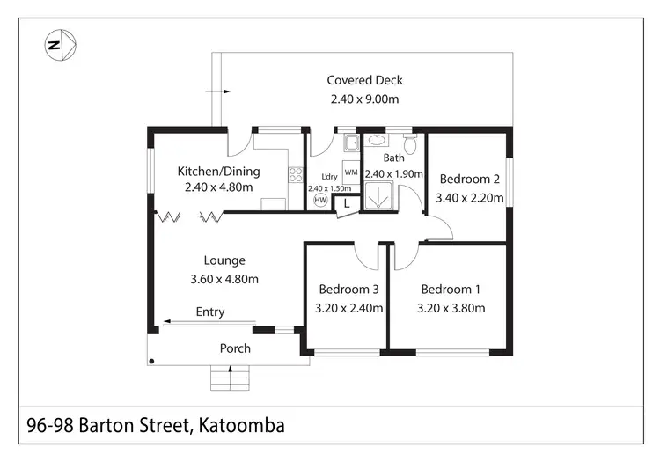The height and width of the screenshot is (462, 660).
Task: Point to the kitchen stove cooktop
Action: (x=296, y=175)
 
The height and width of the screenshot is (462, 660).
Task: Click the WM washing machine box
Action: (x=350, y=172)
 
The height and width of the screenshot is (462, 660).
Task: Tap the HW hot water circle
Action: (x=320, y=201)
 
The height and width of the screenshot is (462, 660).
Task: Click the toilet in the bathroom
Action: (x=408, y=143)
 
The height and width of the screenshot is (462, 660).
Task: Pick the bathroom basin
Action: (x=376, y=140)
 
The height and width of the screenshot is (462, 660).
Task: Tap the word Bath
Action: (x=393, y=158)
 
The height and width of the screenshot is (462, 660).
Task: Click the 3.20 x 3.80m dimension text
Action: (x=451, y=308)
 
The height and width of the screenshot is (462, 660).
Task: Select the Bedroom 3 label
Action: (x=348, y=290)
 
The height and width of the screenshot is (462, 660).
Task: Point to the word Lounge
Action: (x=224, y=260)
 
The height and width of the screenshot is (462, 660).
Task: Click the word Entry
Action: (x=210, y=312)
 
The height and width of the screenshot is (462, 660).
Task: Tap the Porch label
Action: (x=235, y=348)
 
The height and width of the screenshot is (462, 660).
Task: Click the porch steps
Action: (x=231, y=378)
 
